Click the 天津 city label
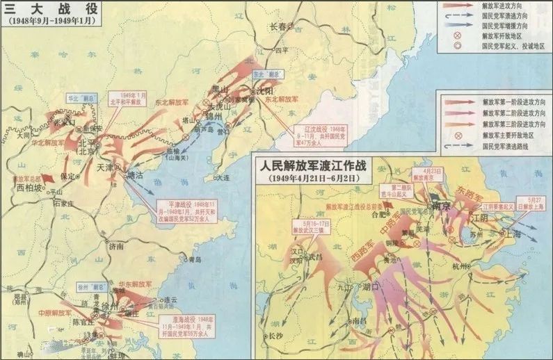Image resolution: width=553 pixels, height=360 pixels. tap(104, 167)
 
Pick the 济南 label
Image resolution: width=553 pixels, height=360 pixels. tap(115, 246)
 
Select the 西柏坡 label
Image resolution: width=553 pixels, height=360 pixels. tap(29, 188)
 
